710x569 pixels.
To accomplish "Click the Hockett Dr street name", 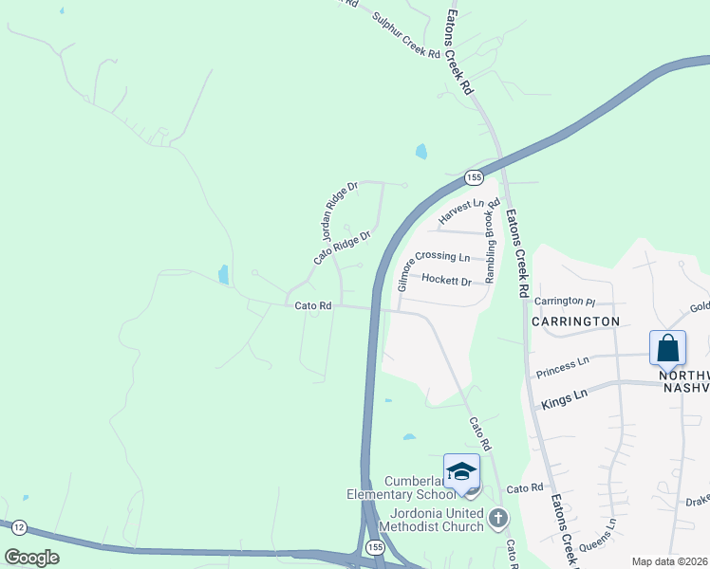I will click(447, 281).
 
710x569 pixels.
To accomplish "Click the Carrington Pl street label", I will click(564, 302).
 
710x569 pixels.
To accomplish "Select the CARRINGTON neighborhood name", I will click(575, 321).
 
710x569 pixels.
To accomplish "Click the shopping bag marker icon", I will click(668, 347).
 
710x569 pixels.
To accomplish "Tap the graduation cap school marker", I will click(461, 471).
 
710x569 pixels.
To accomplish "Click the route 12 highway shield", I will click(21, 525).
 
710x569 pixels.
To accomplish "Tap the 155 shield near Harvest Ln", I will click(475, 177).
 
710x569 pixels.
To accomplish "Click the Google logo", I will click(32, 558).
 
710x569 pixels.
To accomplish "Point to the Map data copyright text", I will click(670, 561).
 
